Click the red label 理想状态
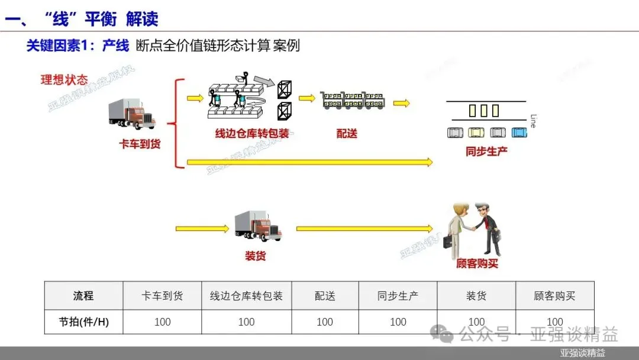coord(64,80)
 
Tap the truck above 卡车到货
coord(132,114)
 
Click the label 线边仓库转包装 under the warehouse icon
coord(252,134)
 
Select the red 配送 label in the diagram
coord(347,134)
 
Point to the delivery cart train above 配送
coord(353,100)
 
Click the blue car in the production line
coord(519,133)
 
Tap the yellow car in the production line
coord(476,133)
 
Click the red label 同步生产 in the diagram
coord(486,151)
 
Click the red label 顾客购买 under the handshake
coord(477,263)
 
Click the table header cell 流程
coord(83,295)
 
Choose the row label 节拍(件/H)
coord(83,322)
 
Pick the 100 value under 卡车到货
coord(162,322)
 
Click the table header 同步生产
coord(398,295)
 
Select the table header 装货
coord(476,295)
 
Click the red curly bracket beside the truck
coord(173,124)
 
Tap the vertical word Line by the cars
coord(533,121)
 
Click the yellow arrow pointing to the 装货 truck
coord(202,228)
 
